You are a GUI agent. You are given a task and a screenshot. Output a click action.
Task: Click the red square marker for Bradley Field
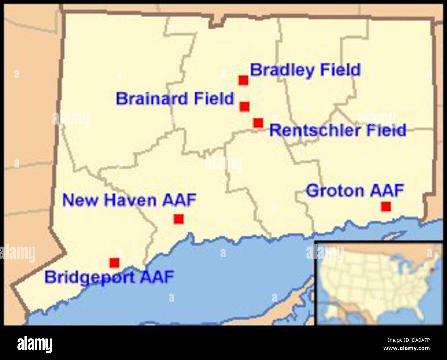coord(243,80)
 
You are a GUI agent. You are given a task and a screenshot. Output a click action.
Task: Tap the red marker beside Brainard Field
coord(244,106)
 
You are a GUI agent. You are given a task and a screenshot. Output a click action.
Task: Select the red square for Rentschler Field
coord(258,123)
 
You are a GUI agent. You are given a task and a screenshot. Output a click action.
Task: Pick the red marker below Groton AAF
coord(386,207)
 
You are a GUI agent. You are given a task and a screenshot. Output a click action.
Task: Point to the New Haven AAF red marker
coord(178,219)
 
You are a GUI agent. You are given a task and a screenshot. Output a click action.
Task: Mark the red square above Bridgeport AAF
coord(115,263)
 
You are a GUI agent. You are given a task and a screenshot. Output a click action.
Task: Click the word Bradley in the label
coord(282,70)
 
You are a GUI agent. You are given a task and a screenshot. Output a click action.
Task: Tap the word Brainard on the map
coord(152,99)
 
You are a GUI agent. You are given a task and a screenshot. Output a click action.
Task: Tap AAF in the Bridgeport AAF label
coord(157,277)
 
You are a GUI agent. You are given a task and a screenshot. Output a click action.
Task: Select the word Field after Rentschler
coord(386,130)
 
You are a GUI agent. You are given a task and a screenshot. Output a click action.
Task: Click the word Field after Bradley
coord(340,70)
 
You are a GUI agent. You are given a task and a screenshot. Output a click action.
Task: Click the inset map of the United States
coord(379,283)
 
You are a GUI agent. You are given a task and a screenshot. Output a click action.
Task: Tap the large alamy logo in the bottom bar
coord(34,344)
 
